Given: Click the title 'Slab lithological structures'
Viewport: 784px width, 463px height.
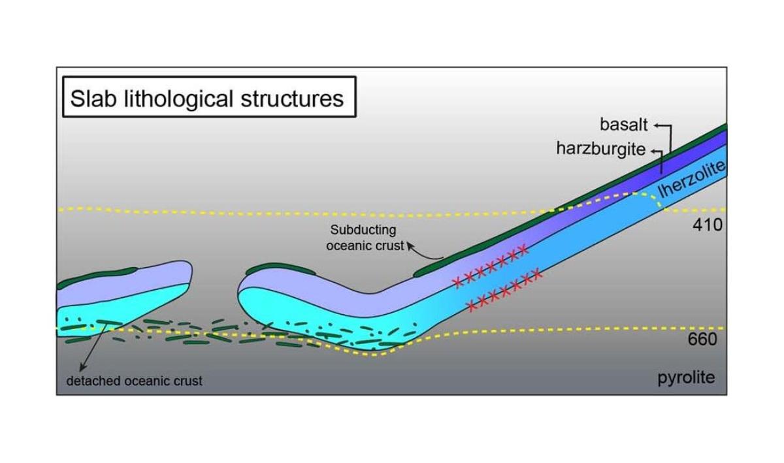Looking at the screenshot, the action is [x=207, y=99].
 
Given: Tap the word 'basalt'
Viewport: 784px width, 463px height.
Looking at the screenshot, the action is [x=624, y=125].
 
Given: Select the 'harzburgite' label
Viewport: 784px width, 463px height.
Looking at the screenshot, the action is [x=600, y=149].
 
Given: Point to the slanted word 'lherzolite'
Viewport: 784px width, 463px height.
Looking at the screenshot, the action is [x=691, y=179].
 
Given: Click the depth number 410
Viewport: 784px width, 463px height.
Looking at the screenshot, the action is [x=708, y=225].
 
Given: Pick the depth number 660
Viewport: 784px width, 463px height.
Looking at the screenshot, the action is [x=702, y=339].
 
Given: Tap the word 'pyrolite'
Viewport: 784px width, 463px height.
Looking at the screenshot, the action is [x=686, y=378].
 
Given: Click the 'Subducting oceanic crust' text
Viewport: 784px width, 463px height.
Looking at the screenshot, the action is [x=365, y=238].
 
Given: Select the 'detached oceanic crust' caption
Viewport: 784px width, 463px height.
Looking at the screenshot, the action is [x=135, y=381].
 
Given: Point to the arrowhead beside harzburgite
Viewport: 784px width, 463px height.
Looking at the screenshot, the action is [x=653, y=152].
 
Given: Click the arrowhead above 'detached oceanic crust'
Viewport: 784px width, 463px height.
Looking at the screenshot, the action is [x=82, y=368].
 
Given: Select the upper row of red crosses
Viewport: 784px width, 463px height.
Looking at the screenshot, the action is [x=490, y=266].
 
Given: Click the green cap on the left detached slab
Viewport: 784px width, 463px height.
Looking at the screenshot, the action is [x=96, y=276].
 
